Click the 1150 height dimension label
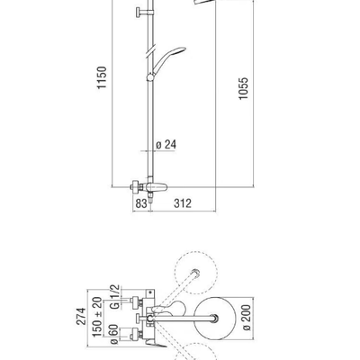pyautogui.click(x=102, y=77)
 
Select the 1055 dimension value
pyautogui.click(x=244, y=88)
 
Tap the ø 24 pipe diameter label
pyautogui.click(x=166, y=145)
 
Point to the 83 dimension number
pyautogui.click(x=141, y=203)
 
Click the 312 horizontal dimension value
pyautogui.click(x=183, y=203)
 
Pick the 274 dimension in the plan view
pyautogui.click(x=81, y=316)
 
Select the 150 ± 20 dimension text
pyautogui.click(x=97, y=317)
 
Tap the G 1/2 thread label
pyautogui.click(x=115, y=297)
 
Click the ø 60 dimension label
pyautogui.click(x=114, y=334)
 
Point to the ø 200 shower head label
pyautogui.click(x=247, y=318)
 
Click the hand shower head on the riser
pyautogui.click(x=169, y=59)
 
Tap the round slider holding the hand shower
pyautogui.click(x=150, y=77)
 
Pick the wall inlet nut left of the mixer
pyautogui.click(x=135, y=187)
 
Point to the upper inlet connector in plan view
pyautogui.click(x=136, y=302)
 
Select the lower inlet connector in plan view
pyautogui.click(x=136, y=335)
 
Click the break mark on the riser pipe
pyautogui.click(x=150, y=50)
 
